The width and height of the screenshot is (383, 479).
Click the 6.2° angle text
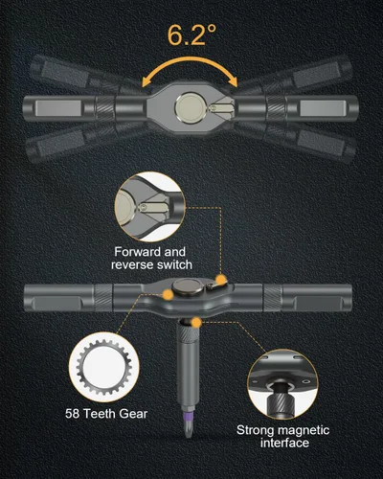191,34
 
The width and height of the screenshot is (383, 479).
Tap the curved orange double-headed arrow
190,60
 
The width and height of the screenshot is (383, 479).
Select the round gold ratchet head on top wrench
190,108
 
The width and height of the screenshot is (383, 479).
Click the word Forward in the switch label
139,252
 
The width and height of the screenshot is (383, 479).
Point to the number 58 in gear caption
72,414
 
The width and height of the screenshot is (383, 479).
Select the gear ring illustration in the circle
104,367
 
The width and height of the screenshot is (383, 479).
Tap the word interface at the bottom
284,443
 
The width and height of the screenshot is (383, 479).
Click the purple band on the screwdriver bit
188,416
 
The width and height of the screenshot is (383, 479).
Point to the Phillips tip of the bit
188,429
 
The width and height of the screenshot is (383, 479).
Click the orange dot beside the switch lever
221,280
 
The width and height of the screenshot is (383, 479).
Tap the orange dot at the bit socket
197,323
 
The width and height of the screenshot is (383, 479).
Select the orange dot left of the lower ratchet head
168,294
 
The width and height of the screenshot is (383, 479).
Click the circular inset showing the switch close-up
149,206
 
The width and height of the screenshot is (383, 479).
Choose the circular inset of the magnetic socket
282,384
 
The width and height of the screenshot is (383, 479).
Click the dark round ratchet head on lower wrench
189,286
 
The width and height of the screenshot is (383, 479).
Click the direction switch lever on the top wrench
221,108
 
